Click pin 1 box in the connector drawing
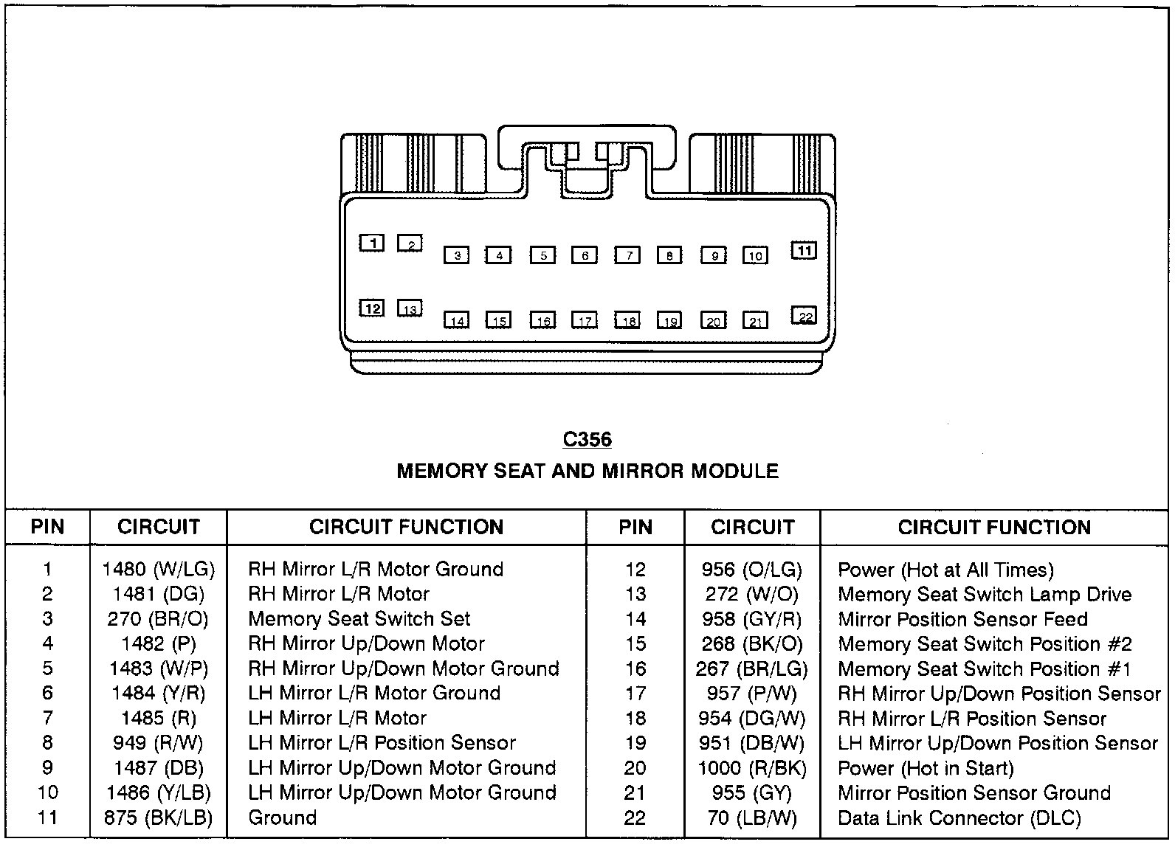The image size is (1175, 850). click(372, 243)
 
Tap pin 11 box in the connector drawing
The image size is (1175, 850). click(804, 251)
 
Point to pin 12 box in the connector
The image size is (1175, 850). click(372, 308)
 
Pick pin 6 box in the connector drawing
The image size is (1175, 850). click(585, 255)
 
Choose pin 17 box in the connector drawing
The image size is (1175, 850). click(585, 320)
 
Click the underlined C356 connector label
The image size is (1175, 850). click(587, 440)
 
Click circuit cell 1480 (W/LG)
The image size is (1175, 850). click(158, 569)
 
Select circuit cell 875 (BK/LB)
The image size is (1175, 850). click(158, 818)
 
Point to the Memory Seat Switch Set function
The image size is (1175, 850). click(359, 618)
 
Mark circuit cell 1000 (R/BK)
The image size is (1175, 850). click(752, 768)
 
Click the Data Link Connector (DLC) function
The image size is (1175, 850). click(959, 818)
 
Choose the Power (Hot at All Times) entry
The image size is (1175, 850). click(945, 570)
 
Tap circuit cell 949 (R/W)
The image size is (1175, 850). click(158, 743)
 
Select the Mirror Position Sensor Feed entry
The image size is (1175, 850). click(962, 619)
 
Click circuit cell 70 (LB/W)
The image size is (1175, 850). click(752, 818)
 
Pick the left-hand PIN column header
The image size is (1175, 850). click(47, 527)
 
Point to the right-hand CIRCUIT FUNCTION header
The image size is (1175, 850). click(994, 527)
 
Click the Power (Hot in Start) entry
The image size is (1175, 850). click(926, 768)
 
